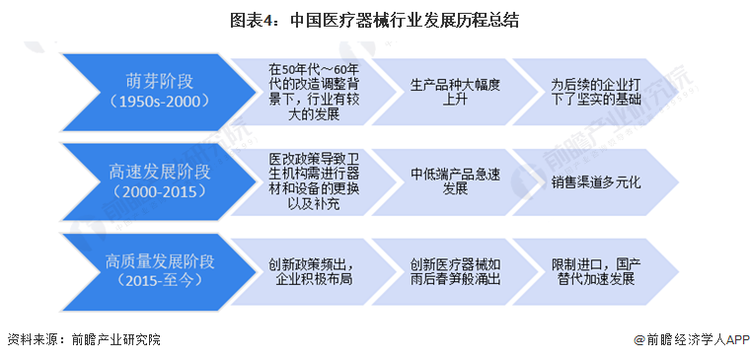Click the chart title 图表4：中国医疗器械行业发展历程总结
(x=375, y=20)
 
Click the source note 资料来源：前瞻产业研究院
(x=84, y=339)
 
